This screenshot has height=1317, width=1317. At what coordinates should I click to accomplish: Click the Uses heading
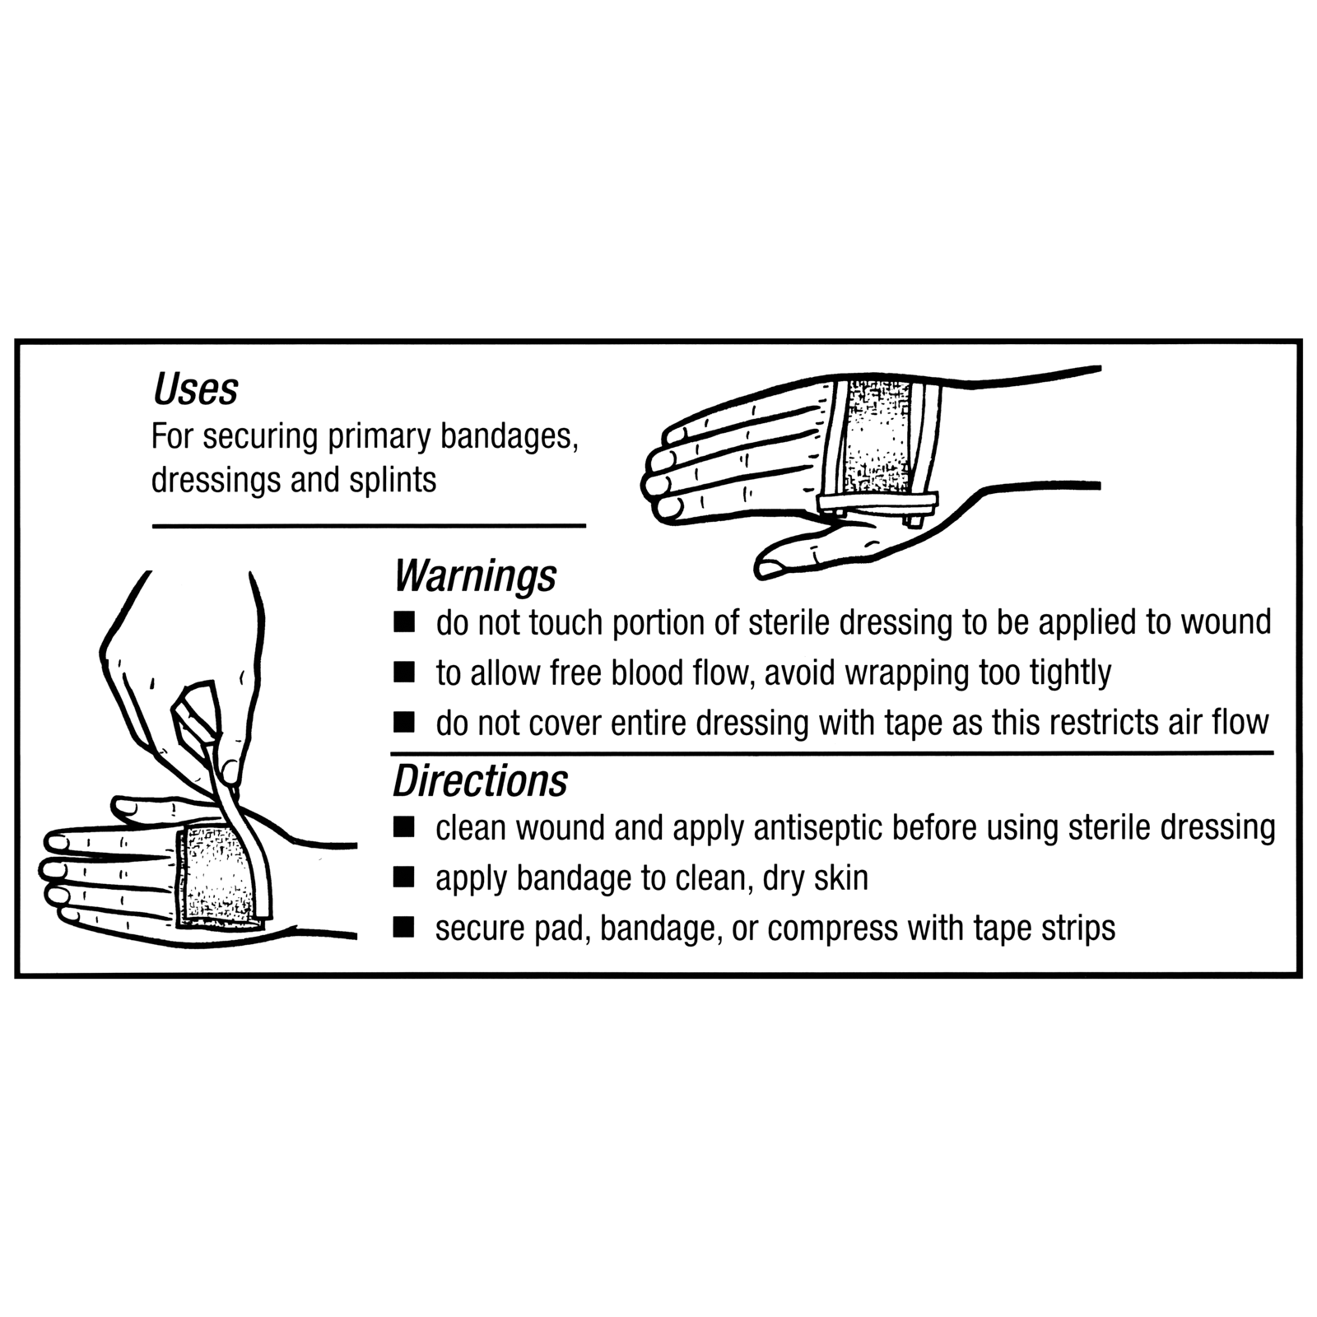(x=196, y=389)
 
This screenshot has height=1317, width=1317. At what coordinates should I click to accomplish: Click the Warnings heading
(x=475, y=575)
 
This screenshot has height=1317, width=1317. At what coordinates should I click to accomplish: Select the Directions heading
(x=480, y=780)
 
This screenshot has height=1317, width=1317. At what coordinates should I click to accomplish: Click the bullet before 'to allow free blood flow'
(x=404, y=672)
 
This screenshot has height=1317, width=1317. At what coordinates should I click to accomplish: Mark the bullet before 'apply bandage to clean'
(x=404, y=877)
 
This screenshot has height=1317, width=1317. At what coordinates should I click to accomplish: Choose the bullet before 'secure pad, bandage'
(x=404, y=928)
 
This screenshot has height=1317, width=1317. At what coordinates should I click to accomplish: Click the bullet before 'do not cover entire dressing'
(x=404, y=723)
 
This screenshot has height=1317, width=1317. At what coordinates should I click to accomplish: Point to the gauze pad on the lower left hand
(x=216, y=876)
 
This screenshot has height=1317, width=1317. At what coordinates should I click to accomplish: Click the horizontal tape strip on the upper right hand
(x=878, y=502)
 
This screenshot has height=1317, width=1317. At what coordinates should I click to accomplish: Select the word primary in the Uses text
(x=379, y=437)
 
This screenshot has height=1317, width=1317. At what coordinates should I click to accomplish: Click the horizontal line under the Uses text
(x=369, y=525)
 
